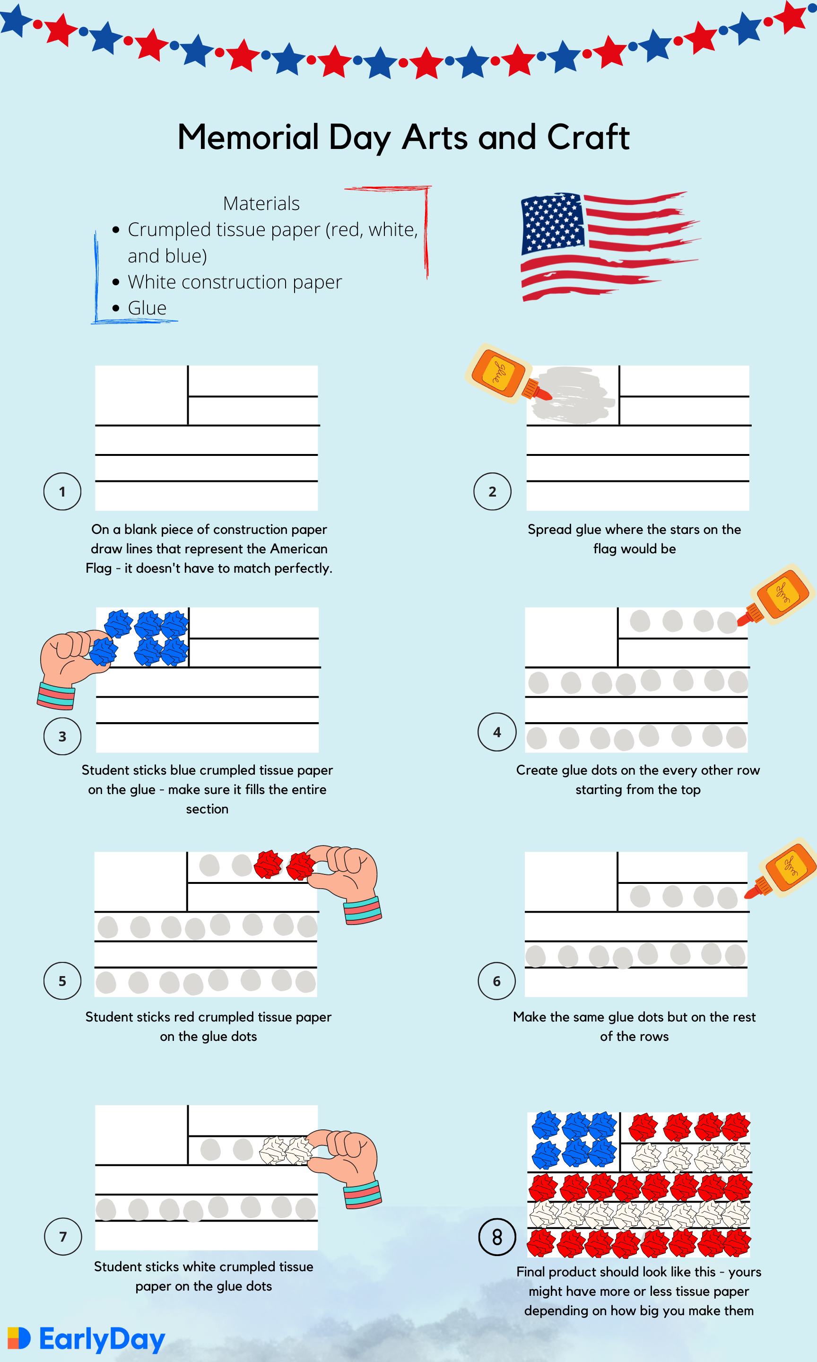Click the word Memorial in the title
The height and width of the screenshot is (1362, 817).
[248, 137]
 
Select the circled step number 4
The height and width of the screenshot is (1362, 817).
[496, 732]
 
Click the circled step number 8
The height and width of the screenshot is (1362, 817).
[496, 1237]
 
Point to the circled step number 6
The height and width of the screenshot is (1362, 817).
[496, 980]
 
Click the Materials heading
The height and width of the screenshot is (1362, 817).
[261, 203]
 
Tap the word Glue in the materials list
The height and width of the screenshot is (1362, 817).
[147, 308]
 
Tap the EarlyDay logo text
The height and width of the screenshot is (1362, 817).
[102, 1339]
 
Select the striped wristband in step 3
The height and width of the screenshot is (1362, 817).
[56, 695]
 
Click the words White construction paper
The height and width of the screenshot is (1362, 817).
[235, 282]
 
